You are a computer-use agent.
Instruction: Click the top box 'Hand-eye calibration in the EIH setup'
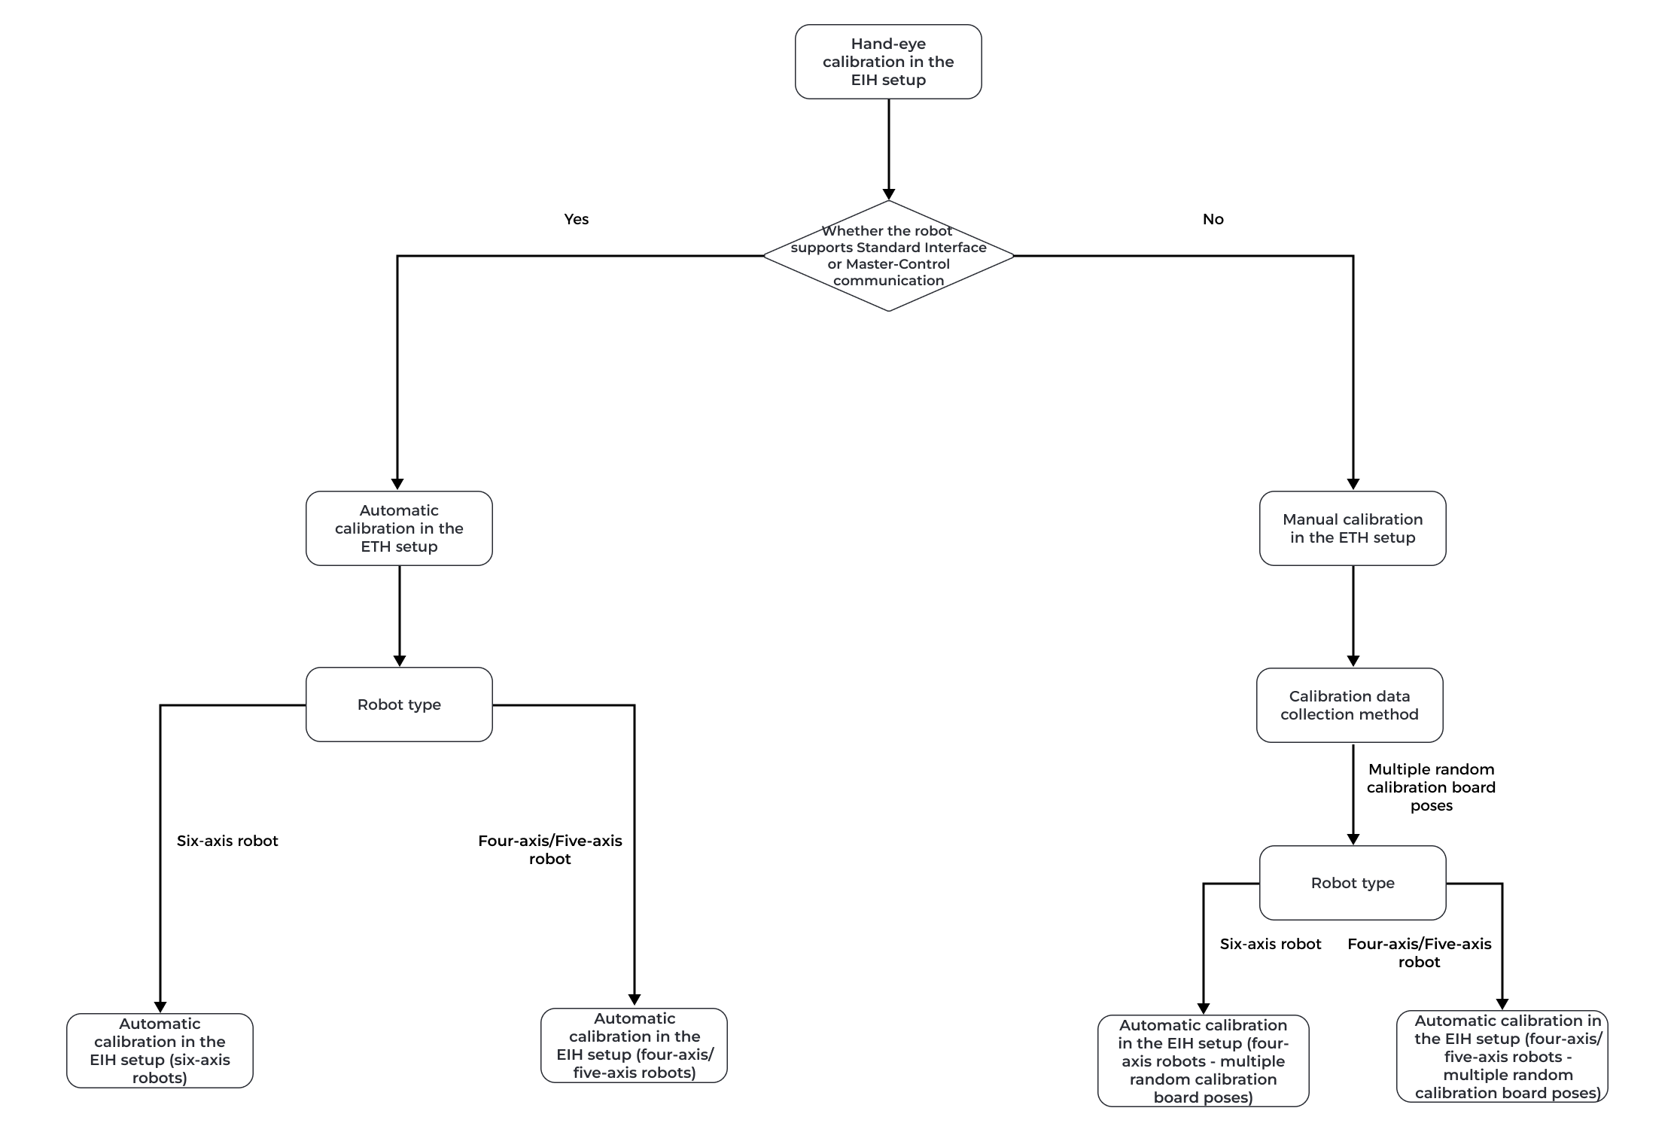[888, 62]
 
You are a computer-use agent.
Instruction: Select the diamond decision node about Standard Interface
[888, 256]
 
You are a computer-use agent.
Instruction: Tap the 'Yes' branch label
[576, 219]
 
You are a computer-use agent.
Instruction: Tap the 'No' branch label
[1213, 219]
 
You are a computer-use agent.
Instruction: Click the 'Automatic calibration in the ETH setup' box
[399, 528]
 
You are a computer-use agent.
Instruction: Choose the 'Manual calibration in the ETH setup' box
[1353, 528]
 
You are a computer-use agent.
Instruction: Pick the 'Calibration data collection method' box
[1350, 705]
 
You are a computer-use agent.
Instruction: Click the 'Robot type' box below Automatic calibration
[399, 705]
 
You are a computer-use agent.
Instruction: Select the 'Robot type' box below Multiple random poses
[1353, 883]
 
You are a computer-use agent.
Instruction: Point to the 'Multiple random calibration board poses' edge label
[1431, 787]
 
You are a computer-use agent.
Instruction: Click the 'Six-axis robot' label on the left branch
[227, 841]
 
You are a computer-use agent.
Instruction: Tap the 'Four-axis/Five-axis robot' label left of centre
[549, 850]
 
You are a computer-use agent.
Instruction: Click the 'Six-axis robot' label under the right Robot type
[1271, 944]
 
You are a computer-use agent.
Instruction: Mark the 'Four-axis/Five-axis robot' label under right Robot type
[1419, 953]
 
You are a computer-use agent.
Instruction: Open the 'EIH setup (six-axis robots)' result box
[160, 1051]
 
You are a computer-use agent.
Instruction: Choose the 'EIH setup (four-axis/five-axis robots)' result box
[634, 1045]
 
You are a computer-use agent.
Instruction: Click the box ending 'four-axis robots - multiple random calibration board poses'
[1203, 1061]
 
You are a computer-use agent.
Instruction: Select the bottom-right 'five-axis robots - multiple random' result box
[1502, 1057]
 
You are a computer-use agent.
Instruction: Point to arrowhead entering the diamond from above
[888, 193]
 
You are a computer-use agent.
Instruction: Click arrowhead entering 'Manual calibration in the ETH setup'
[1353, 485]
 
